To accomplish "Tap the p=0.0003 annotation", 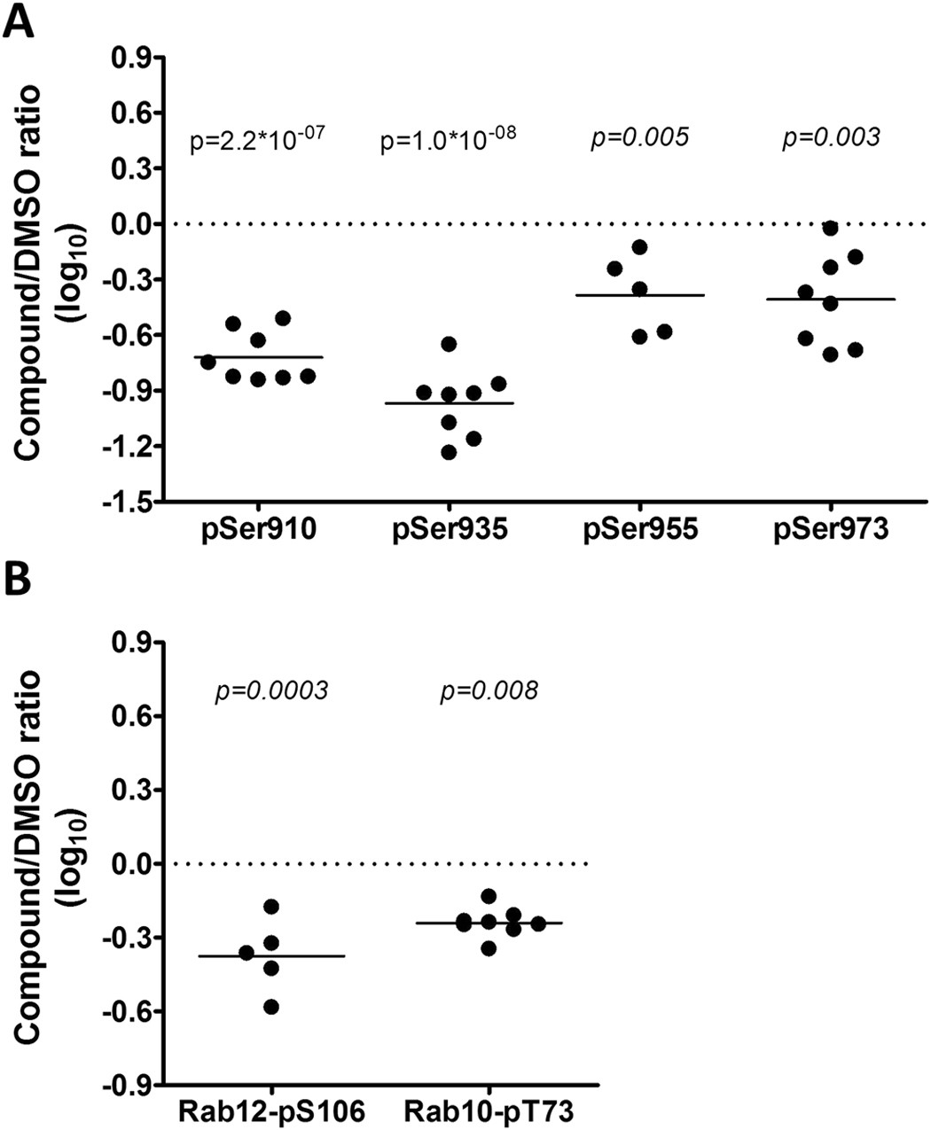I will pos(271,690).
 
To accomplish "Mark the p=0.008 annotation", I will pos(489,690).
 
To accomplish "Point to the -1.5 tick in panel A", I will pos(129,502).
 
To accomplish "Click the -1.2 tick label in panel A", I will pos(129,446).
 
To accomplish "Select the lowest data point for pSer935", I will pos(449,453).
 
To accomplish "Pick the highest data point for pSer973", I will pos(831,229).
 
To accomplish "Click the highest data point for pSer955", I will pos(640,246).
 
